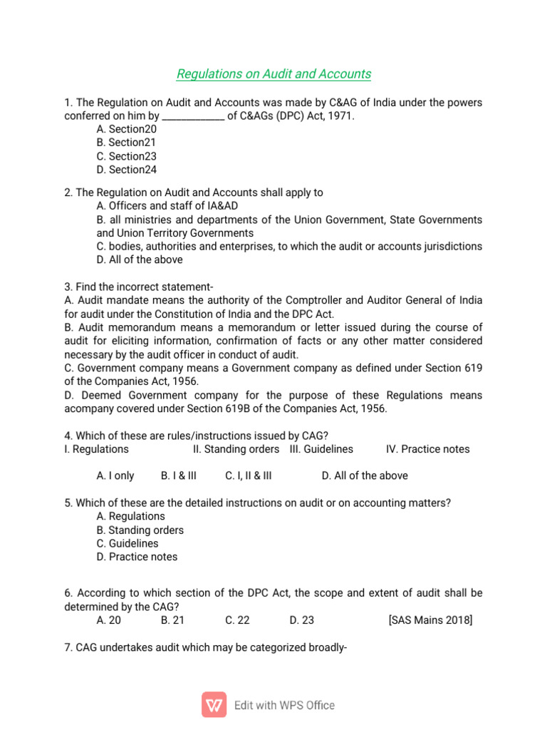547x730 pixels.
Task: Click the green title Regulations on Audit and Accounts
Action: click(273, 74)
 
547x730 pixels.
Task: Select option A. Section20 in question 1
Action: click(126, 129)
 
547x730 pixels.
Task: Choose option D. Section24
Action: click(126, 170)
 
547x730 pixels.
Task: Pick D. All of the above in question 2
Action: click(140, 259)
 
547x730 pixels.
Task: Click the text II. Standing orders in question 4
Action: click(236, 449)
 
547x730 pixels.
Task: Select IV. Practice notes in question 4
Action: click(427, 449)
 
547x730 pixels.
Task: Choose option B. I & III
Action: click(179, 475)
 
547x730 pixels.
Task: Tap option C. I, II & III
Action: click(248, 475)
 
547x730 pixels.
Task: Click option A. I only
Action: click(115, 475)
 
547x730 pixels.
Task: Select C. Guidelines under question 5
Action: click(127, 543)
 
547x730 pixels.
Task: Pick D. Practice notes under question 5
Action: click(137, 557)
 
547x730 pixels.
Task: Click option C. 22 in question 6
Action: click(237, 620)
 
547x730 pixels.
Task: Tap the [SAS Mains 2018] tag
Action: click(430, 620)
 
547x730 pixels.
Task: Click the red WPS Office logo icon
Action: click(214, 704)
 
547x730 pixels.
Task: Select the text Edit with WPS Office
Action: click(284, 705)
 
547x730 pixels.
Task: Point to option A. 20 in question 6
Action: click(109, 620)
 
